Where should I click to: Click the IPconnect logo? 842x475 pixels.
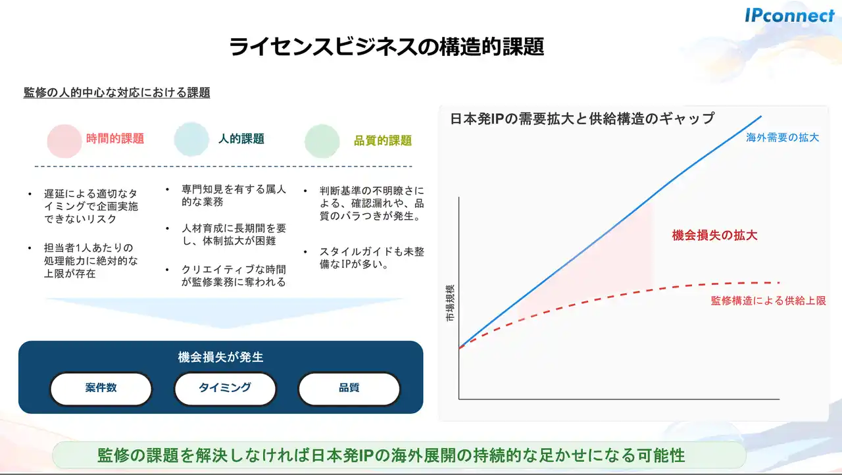[x=790, y=15]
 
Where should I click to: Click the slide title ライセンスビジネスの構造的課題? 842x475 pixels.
[x=386, y=47]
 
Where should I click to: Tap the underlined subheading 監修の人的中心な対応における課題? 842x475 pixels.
[x=116, y=93]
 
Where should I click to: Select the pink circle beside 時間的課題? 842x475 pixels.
[x=64, y=141]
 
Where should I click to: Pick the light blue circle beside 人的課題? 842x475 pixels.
[x=191, y=139]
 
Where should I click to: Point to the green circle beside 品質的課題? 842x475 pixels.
[x=322, y=141]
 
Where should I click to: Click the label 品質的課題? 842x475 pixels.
[x=383, y=141]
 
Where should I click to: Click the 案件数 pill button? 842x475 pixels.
[x=101, y=389]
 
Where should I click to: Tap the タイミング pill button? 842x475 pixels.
[x=225, y=389]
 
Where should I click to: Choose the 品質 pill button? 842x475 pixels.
[x=349, y=389]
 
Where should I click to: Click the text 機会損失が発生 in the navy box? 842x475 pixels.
[x=220, y=357]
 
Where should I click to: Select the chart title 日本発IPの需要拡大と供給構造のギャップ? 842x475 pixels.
[x=582, y=118]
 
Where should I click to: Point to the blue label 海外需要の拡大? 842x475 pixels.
[x=782, y=137]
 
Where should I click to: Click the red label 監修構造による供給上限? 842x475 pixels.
[x=768, y=301]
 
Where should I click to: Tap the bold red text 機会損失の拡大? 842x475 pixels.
[x=714, y=236]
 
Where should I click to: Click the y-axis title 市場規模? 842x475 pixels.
[x=450, y=303]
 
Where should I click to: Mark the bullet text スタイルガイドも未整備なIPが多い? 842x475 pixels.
[x=372, y=258]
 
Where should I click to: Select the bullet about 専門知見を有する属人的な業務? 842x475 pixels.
[x=234, y=195]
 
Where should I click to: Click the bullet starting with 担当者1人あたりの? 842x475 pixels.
[x=91, y=261]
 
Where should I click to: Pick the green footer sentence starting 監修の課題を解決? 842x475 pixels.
[x=391, y=455]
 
